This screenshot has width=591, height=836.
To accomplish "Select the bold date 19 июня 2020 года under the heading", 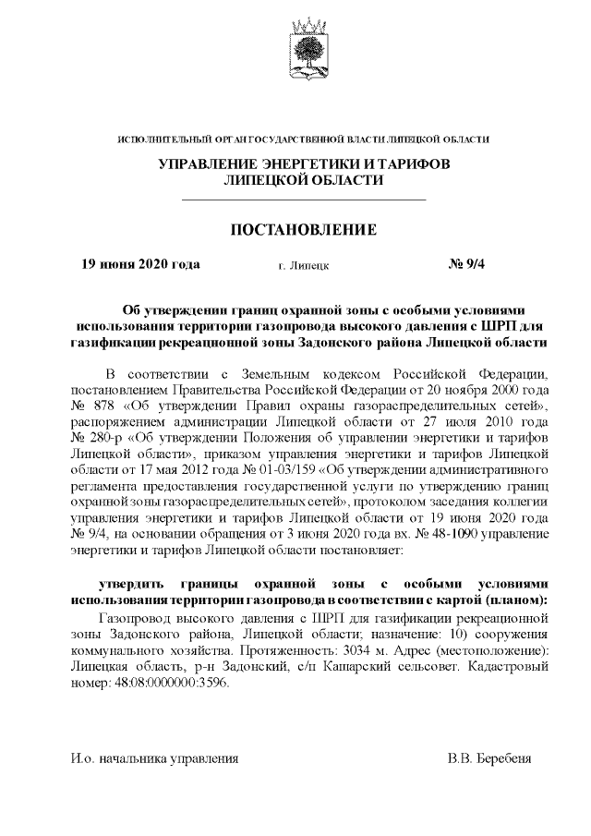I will coord(140,264).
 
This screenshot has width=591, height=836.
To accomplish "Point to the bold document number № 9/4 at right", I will coord(472,264).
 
